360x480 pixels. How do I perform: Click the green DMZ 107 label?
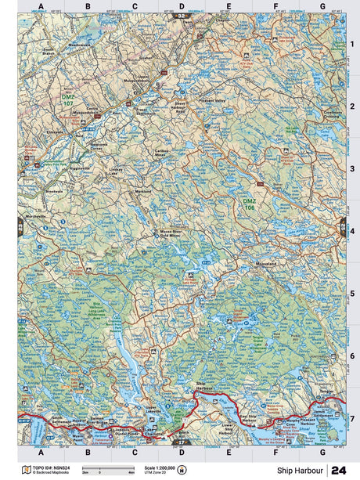coord(68,99)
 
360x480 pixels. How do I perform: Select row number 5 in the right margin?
coord(352,295)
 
